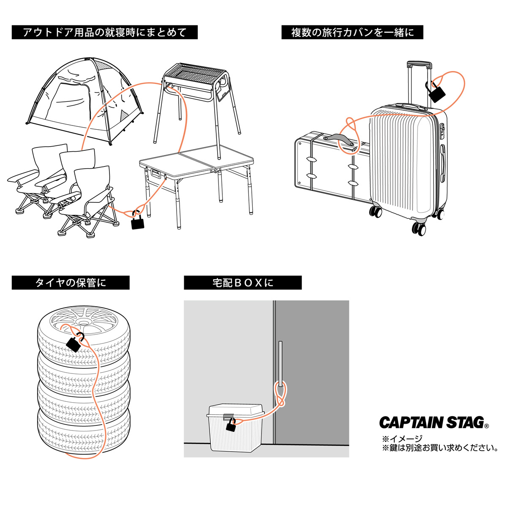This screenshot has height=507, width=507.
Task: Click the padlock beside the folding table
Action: pos(138,221)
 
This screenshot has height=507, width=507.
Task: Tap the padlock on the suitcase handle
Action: pos(436,93)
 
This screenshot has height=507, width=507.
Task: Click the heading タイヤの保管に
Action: pos(71,283)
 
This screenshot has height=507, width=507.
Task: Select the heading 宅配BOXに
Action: pos(243,283)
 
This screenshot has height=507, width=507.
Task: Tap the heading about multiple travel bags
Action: pos(352,33)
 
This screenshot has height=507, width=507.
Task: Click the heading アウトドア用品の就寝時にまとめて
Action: pos(104,33)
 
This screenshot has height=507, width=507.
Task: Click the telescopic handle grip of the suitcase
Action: pos(419,65)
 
